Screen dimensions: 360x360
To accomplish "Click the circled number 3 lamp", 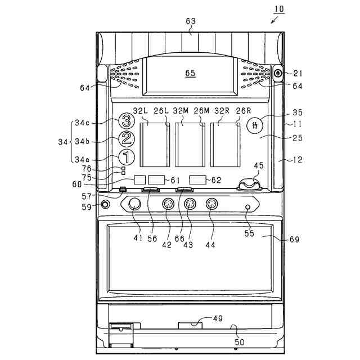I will (x=127, y=120).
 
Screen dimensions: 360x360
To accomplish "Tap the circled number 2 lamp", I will (x=127, y=138).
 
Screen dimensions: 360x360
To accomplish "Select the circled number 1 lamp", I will (x=127, y=157).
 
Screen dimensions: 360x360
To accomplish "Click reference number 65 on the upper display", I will (x=190, y=73).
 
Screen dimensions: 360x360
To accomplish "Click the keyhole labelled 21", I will (x=278, y=73).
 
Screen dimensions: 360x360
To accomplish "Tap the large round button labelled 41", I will (x=135, y=204).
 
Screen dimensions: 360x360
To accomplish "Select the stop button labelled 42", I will (x=168, y=204).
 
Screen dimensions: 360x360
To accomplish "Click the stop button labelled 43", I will (x=190, y=204).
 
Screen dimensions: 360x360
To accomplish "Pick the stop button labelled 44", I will (x=211, y=204).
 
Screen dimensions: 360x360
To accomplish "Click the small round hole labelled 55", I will (x=248, y=208).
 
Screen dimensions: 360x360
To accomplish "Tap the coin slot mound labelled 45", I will (x=250, y=184).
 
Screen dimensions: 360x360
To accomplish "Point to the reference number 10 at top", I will (x=280, y=10).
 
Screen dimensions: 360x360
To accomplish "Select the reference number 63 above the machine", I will (x=191, y=22).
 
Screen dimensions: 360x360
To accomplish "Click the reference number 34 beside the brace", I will (x=62, y=142).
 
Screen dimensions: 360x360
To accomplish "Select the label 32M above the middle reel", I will (x=181, y=111).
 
